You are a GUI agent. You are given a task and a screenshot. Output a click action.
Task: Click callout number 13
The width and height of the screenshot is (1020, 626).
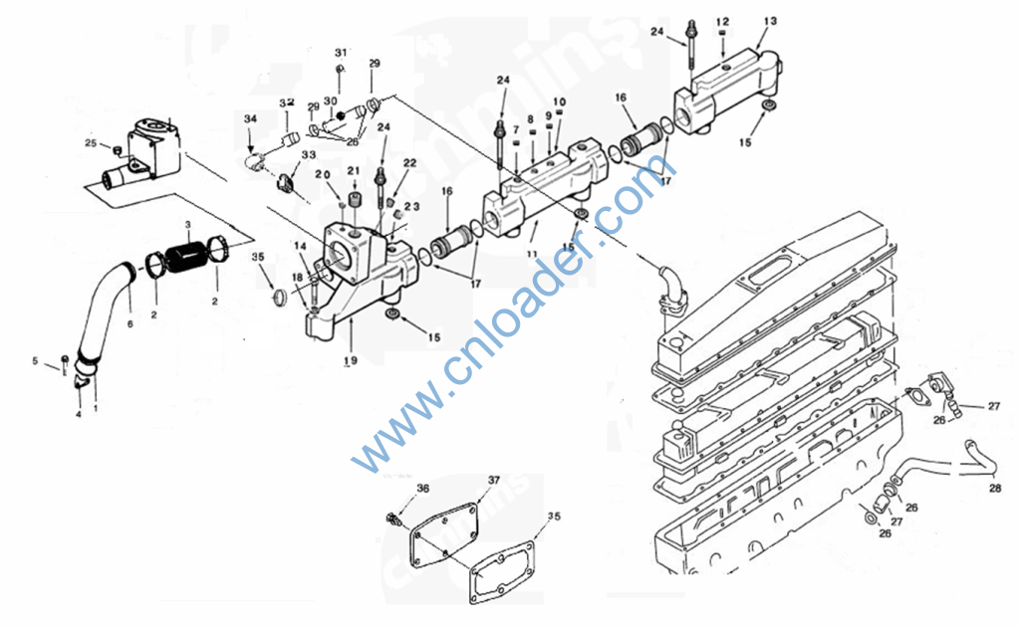[770, 21]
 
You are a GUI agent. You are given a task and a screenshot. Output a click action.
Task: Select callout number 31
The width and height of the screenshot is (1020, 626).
[342, 52]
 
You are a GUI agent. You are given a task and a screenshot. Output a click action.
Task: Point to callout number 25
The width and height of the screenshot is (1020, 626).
[90, 143]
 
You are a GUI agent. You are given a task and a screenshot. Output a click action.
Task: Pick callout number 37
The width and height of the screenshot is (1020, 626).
[493, 480]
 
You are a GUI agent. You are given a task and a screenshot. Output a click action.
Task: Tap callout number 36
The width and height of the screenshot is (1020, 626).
[423, 488]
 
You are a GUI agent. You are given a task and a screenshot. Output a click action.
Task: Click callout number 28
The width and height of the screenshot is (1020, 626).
[995, 489]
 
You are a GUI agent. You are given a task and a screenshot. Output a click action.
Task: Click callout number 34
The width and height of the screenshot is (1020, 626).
[250, 119]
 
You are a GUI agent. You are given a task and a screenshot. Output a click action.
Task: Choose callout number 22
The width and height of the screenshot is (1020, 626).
[409, 162]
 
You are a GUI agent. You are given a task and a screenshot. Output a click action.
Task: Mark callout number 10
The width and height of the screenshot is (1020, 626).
[559, 103]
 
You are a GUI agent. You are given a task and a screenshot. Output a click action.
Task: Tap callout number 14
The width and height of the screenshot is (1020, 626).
[300, 245]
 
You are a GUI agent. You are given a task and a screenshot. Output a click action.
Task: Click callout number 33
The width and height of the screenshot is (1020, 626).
[308, 155]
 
